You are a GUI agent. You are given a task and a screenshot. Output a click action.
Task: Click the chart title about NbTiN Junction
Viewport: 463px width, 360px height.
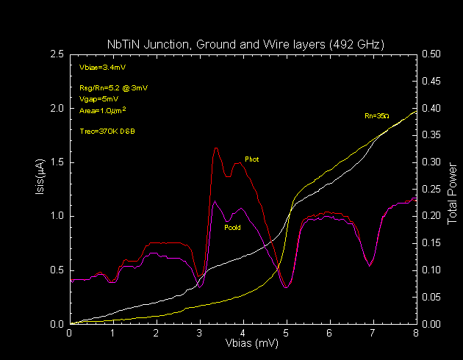(x=243, y=45)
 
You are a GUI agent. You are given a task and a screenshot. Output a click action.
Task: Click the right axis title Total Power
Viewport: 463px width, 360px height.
(x=451, y=189)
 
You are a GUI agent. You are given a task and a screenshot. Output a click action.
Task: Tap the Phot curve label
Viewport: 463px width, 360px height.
(x=251, y=159)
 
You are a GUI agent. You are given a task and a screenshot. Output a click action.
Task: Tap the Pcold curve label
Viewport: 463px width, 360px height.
(x=232, y=227)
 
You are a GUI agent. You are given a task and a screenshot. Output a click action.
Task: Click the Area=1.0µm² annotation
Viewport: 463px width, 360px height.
(x=102, y=109)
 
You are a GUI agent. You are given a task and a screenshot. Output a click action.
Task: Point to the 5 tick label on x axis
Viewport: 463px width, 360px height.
(x=287, y=332)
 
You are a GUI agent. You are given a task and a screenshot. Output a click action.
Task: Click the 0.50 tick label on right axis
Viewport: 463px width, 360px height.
(x=431, y=54)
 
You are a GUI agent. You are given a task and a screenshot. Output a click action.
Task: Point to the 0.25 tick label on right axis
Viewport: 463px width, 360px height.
(x=431, y=190)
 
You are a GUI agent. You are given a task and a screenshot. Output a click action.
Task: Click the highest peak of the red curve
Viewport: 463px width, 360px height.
(x=216, y=148)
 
